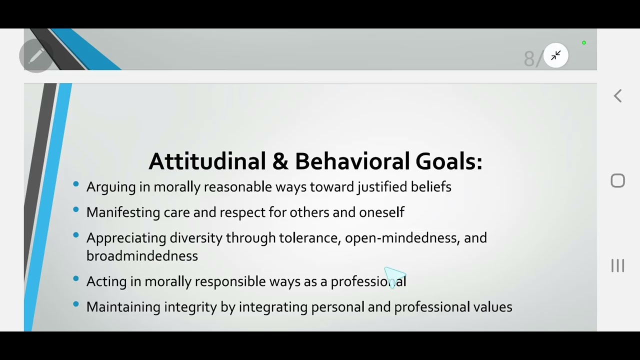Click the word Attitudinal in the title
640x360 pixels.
pyautogui.click(x=207, y=161)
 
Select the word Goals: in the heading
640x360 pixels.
pyautogui.click(x=448, y=161)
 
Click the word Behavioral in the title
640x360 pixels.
pyautogui.click(x=352, y=161)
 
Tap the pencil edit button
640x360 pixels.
pyautogui.click(x=36, y=56)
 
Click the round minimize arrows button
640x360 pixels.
pyautogui.click(x=556, y=55)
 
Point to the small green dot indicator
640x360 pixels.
pyautogui.click(x=583, y=43)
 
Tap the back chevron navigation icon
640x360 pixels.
pyautogui.click(x=618, y=96)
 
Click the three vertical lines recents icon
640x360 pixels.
pyautogui.click(x=618, y=265)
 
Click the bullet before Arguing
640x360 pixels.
pyautogui.click(x=76, y=184)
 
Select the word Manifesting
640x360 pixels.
pyautogui.click(x=123, y=212)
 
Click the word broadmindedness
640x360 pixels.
pyautogui.click(x=142, y=256)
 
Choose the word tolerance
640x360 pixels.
pyautogui.click(x=309, y=238)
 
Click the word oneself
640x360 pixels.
pyautogui.click(x=381, y=212)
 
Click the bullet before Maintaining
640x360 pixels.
pyautogui.click(x=76, y=304)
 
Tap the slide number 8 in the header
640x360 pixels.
pyautogui.click(x=529, y=59)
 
